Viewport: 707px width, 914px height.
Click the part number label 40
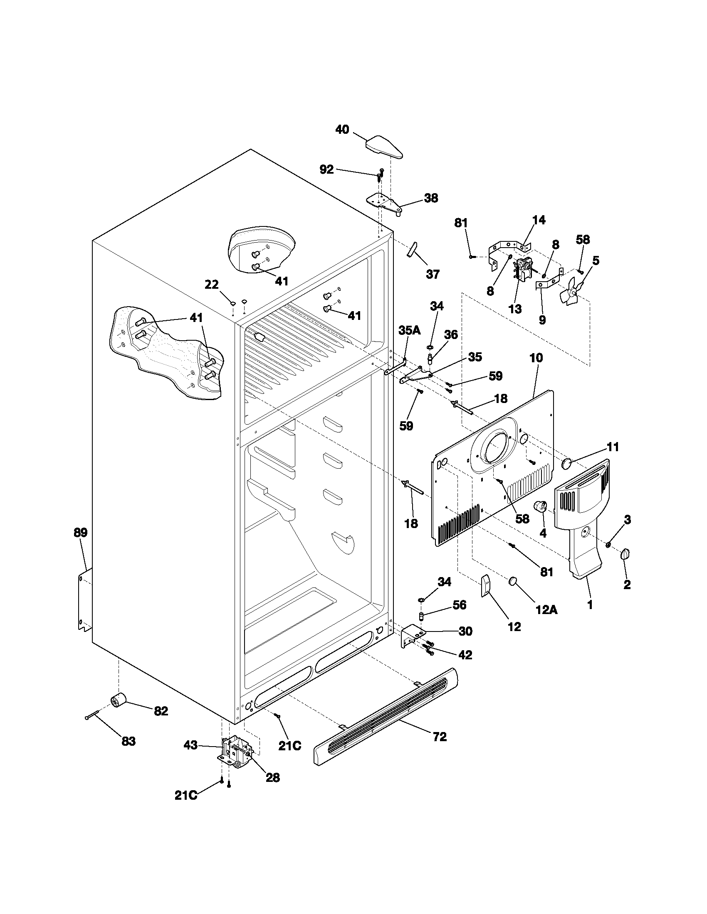coord(342,130)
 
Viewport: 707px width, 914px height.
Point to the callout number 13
coord(515,309)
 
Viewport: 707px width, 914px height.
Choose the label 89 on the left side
coord(80,533)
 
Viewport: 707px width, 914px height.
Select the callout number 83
coord(129,741)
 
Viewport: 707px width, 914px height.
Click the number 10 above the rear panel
coord(536,358)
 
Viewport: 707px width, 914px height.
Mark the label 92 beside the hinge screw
coord(326,170)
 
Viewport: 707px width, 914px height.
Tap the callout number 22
coord(212,285)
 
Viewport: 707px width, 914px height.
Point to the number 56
coord(460,605)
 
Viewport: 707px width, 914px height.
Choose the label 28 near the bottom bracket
coord(273,777)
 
